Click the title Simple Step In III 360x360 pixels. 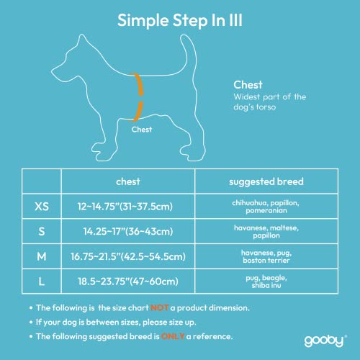point(179,19)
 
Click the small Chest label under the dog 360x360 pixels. point(141,130)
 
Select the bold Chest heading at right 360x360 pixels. point(247,84)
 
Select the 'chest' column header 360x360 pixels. point(127,181)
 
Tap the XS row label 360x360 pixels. point(42,207)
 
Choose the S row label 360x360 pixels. point(42,231)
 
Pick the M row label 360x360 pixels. point(42,256)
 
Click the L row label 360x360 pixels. point(42,281)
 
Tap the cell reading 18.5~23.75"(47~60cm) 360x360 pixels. point(127,281)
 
